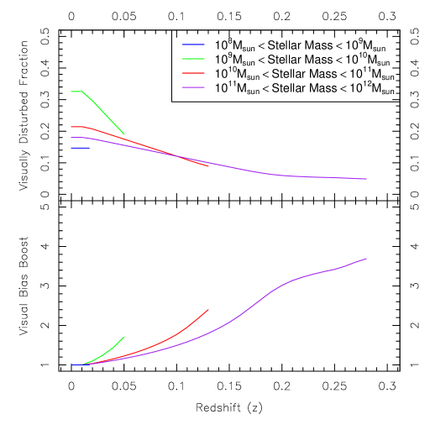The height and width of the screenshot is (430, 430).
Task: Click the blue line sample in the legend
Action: [193, 45]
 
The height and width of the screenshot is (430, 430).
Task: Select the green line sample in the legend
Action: [193, 59]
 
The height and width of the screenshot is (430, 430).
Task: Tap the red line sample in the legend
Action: [193, 73]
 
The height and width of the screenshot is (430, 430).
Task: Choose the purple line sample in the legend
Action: [193, 87]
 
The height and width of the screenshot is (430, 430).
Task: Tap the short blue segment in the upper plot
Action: [80, 148]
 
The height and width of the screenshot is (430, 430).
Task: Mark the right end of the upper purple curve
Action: [367, 179]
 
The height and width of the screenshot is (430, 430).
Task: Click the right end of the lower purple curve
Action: [367, 259]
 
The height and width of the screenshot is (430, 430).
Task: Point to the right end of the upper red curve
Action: [209, 166]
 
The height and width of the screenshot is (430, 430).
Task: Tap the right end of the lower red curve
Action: [209, 309]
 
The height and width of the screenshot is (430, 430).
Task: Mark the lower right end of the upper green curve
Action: [124, 134]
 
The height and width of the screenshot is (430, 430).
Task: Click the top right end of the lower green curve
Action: [124, 337]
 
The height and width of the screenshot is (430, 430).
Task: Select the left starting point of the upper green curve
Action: [71, 91]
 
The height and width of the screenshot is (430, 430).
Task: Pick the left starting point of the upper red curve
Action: [71, 126]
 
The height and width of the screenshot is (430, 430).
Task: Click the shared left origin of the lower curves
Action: [71, 365]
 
